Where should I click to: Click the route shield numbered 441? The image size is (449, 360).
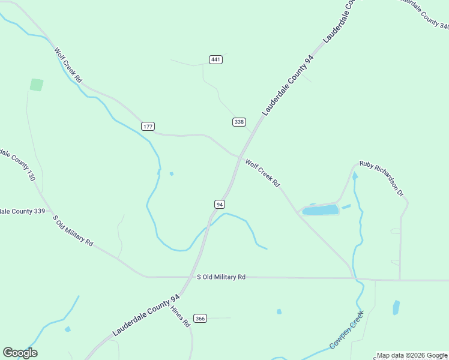(216, 59)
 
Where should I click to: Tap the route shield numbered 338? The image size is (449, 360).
(239, 122)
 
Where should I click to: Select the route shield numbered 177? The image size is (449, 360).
(148, 126)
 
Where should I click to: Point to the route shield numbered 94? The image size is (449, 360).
(220, 204)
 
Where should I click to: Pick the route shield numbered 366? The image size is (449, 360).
(200, 318)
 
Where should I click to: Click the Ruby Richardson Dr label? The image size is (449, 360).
(381, 178)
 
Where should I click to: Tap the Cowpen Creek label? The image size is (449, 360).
(346, 330)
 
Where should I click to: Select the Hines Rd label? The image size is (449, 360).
(180, 316)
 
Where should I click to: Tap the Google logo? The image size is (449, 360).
(20, 353)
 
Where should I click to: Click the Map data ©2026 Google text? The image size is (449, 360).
(412, 355)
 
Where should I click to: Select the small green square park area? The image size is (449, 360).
(37, 85)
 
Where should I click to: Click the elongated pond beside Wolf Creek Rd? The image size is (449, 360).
(321, 210)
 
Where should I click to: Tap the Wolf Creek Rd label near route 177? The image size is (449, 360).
(68, 65)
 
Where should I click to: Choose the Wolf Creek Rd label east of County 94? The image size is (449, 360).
(262, 173)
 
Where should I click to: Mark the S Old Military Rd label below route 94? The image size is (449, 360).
(221, 277)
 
